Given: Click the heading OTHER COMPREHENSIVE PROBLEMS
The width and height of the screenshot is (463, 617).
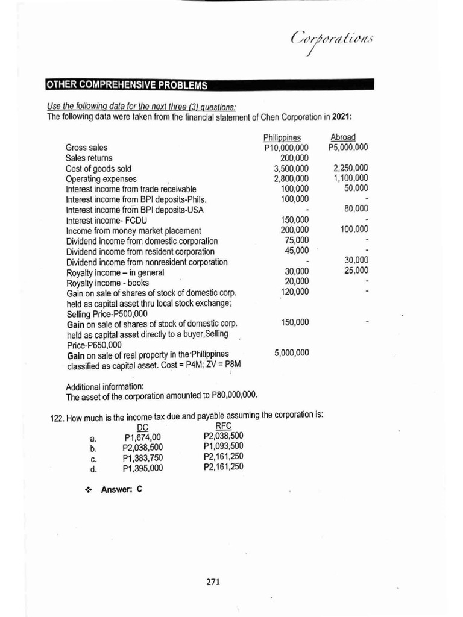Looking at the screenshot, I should click(127, 84).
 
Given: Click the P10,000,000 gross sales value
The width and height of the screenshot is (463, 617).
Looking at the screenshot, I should click(286, 148).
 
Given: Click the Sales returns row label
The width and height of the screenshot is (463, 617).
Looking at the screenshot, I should click(89, 158).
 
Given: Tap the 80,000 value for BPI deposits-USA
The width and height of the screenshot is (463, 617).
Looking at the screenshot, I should click(356, 209).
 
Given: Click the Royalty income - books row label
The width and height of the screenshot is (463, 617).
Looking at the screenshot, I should click(107, 282).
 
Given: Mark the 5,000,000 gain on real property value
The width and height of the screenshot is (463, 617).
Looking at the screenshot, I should click(291, 352).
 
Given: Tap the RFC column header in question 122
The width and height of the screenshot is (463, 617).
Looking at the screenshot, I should click(223, 427).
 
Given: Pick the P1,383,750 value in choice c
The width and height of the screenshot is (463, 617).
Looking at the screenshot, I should click(142, 457).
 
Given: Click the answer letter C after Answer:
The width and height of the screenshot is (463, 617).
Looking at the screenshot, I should click(139, 489).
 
